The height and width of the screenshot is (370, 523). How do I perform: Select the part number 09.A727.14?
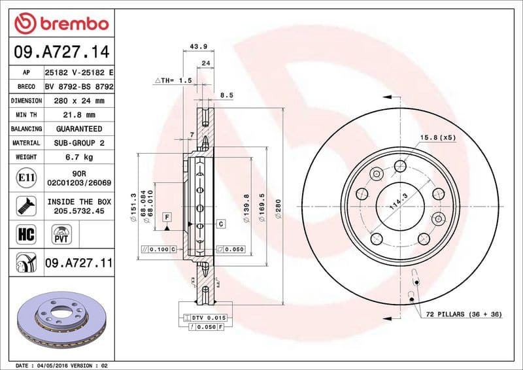click(60, 51)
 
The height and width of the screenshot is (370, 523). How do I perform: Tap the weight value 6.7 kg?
click(80, 157)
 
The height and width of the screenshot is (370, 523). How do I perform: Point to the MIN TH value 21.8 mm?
click(80, 114)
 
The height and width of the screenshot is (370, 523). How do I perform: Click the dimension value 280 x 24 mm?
click(80, 101)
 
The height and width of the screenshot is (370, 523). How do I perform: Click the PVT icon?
click(61, 233)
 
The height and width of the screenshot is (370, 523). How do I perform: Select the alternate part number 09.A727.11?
click(78, 263)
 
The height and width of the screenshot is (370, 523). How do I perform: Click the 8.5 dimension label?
click(227, 95)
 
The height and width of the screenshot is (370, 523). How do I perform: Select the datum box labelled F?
click(167, 216)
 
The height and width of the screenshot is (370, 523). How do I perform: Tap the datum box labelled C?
click(221, 224)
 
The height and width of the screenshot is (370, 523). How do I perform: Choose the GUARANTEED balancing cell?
click(80, 129)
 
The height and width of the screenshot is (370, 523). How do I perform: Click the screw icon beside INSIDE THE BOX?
click(24, 206)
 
